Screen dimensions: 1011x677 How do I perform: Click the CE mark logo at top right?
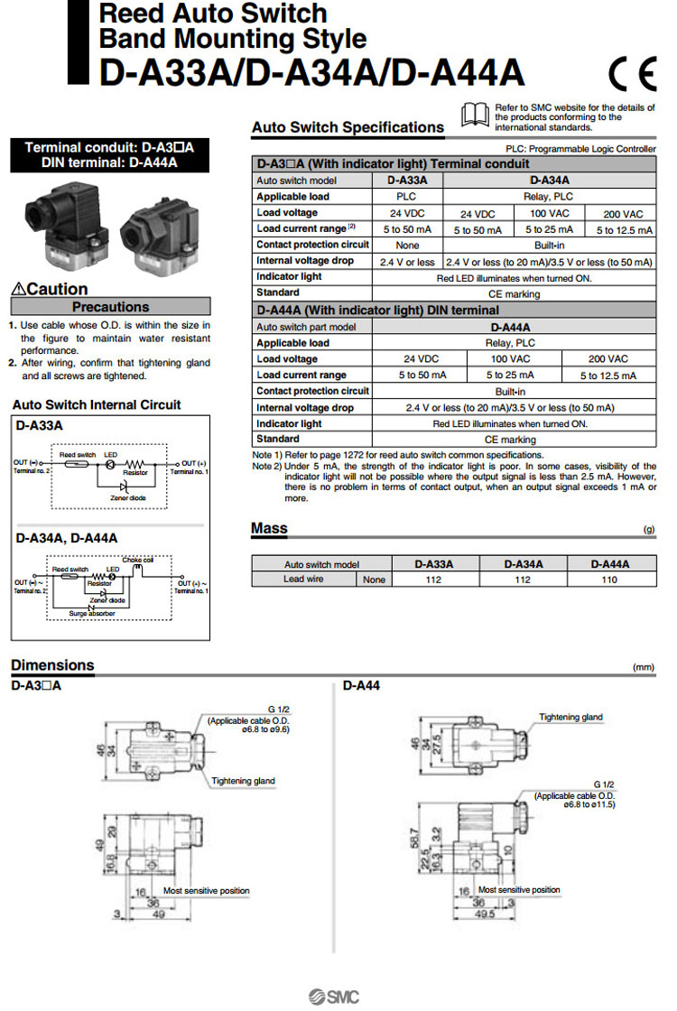click(631, 71)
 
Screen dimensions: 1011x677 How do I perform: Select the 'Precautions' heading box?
click(110, 307)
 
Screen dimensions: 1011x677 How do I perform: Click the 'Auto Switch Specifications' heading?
click(348, 127)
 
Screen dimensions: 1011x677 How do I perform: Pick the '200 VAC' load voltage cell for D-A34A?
click(623, 214)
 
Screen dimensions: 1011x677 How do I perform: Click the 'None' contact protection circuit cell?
click(407, 245)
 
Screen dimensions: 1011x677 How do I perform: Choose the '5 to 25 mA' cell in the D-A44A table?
click(510, 375)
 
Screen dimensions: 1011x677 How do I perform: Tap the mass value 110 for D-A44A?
click(609, 580)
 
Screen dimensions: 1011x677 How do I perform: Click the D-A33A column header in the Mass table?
click(433, 564)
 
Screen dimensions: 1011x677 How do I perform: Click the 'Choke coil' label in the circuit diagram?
click(139, 560)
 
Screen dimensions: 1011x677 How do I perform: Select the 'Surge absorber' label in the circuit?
click(93, 613)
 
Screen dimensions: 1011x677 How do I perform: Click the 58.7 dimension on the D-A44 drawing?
click(414, 842)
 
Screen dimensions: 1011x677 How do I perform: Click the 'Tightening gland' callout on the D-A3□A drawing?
click(243, 781)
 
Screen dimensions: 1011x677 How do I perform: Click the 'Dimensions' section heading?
click(52, 665)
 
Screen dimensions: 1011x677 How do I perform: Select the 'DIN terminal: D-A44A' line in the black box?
click(109, 162)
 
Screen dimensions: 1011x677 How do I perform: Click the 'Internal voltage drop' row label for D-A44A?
click(305, 407)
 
